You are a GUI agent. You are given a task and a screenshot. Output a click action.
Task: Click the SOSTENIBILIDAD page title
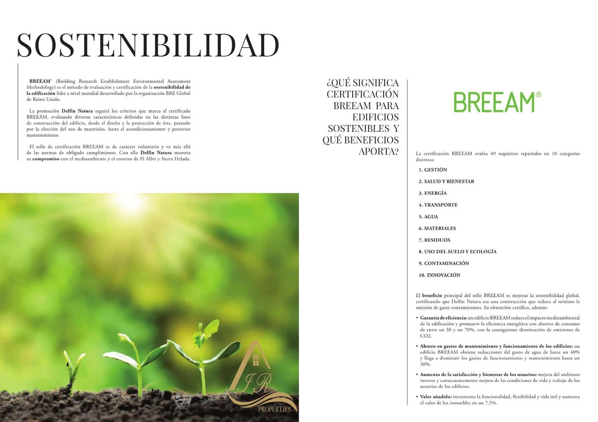click(x=148, y=45)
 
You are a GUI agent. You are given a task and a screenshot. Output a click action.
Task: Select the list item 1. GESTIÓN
click(x=433, y=170)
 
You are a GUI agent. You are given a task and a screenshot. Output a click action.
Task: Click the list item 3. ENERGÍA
click(x=433, y=193)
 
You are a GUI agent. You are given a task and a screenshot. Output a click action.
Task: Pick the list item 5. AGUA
click(x=428, y=217)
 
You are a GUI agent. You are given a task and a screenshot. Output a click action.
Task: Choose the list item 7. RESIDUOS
click(x=434, y=240)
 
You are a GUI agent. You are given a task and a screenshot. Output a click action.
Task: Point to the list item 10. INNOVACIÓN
click(x=440, y=275)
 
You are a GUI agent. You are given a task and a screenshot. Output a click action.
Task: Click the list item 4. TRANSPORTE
click(x=438, y=205)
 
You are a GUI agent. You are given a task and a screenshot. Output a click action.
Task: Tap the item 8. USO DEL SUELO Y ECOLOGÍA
click(x=457, y=252)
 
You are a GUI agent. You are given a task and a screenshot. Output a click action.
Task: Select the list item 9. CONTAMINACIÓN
click(x=444, y=263)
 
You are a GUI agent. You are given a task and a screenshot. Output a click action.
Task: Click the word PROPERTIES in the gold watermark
click(x=274, y=409)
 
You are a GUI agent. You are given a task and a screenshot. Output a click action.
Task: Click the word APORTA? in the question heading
click(x=379, y=152)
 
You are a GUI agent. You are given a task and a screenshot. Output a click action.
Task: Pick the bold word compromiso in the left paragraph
click(x=46, y=159)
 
